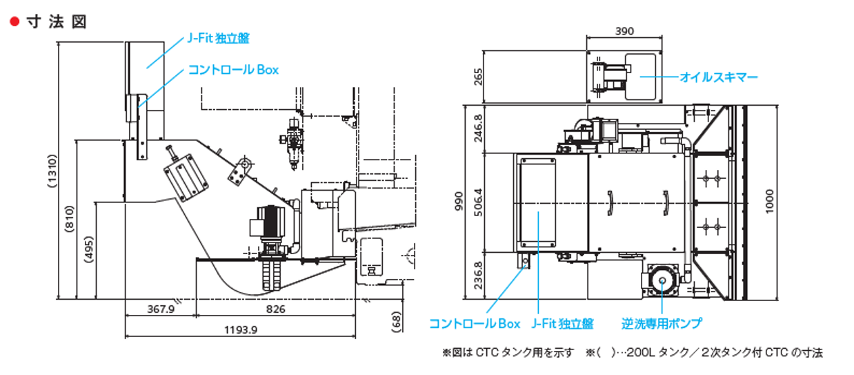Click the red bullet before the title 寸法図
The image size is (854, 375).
click(13, 22)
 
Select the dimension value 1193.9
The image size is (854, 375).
click(241, 330)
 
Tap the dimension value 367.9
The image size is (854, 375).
click(161, 309)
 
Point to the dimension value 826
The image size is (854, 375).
click(275, 309)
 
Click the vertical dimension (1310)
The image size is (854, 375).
click(52, 170)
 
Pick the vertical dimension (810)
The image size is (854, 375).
click(70, 220)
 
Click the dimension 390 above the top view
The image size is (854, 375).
click(624, 31)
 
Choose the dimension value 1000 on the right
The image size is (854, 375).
click(770, 202)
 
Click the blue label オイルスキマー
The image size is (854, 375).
click(719, 77)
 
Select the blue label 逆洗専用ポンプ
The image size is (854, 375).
click(662, 323)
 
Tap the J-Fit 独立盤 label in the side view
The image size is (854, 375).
click(218, 39)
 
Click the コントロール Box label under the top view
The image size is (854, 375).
click(475, 323)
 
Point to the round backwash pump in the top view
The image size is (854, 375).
click(662, 280)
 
